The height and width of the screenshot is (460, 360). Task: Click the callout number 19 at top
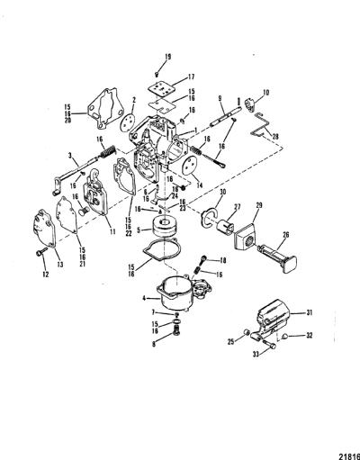tap(167, 57)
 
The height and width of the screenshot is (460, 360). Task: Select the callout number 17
tap(192, 77)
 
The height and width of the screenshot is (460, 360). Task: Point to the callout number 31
tap(309, 312)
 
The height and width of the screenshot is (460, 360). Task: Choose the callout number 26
tap(285, 234)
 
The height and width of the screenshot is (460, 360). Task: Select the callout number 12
tap(46, 274)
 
